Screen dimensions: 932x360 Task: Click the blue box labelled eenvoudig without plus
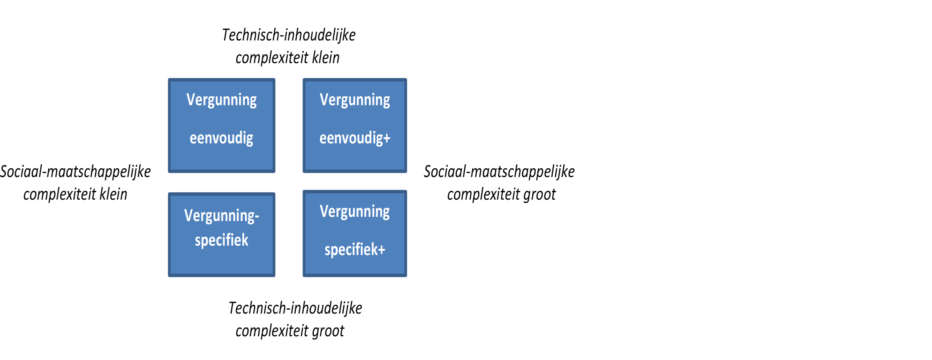[x=221, y=125]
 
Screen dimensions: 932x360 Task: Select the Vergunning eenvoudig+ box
[x=355, y=125]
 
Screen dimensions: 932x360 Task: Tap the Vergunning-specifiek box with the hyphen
[x=221, y=235]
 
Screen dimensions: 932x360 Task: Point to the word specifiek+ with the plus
[x=355, y=249]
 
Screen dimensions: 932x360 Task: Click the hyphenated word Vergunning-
[x=221, y=216]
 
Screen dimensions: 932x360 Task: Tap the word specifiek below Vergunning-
[x=221, y=240]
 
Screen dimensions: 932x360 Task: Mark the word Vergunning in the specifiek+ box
[x=355, y=212]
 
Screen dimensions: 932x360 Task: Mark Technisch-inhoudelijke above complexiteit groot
[x=295, y=309]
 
